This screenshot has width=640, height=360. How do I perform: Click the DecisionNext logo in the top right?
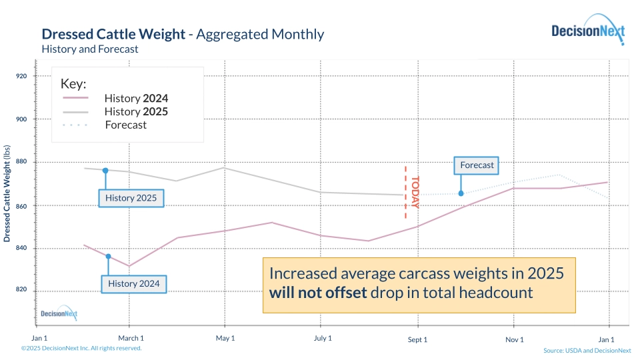click(587, 31)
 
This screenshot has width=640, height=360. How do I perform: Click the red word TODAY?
click(415, 193)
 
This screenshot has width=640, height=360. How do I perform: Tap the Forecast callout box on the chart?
click(477, 165)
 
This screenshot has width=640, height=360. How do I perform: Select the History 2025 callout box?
click(131, 198)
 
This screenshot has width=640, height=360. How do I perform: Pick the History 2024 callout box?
click(134, 284)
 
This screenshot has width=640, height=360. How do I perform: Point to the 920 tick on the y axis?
click(21, 76)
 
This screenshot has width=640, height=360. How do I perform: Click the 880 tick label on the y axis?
click(21, 162)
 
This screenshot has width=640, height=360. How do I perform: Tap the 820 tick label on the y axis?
click(21, 290)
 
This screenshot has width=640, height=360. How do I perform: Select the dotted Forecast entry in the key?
click(125, 125)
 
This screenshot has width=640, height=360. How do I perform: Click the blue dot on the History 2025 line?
click(105, 171)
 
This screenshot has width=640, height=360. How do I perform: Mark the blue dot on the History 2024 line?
click(108, 257)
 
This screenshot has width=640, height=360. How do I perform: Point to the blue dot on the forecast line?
click(461, 193)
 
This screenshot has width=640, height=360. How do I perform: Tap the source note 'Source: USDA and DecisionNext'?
click(587, 351)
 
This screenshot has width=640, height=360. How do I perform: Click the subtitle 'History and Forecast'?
click(90, 49)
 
